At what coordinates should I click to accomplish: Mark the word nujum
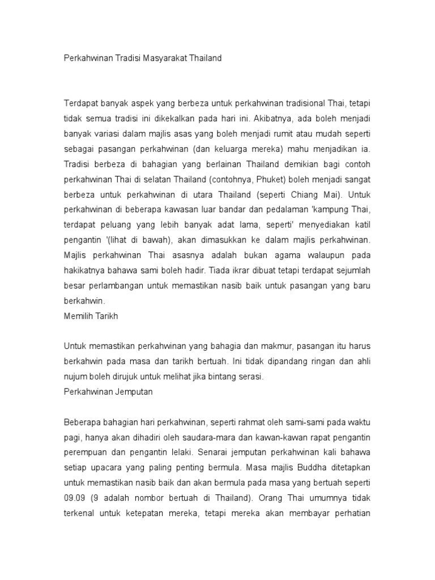click(75, 376)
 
